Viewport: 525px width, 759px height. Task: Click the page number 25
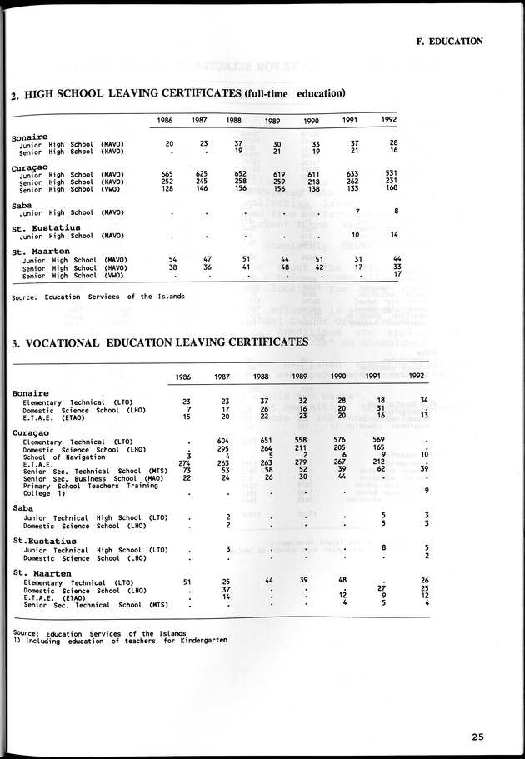(x=477, y=736)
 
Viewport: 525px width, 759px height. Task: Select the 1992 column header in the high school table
(x=388, y=121)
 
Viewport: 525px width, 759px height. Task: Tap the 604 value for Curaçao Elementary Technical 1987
(x=222, y=440)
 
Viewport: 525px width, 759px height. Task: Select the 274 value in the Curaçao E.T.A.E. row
(x=184, y=463)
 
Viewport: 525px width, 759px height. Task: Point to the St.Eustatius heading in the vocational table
(x=41, y=541)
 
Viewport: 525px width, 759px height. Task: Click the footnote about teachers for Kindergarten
(x=120, y=640)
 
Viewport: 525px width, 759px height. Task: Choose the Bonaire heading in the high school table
(x=30, y=136)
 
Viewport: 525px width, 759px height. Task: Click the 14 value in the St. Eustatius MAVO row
(x=394, y=235)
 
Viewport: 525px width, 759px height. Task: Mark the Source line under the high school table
(x=98, y=297)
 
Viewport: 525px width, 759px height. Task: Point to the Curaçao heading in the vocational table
(x=32, y=432)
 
